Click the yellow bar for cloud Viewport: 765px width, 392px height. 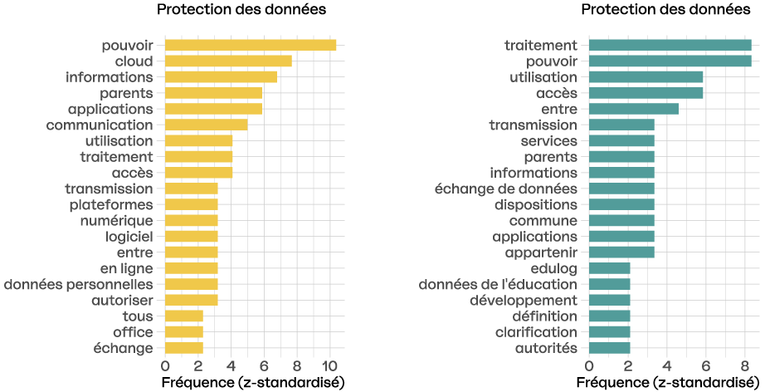pyautogui.click(x=228, y=61)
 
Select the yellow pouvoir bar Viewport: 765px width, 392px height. pyautogui.click(x=251, y=46)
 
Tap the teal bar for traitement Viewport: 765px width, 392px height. pyautogui.click(x=670, y=46)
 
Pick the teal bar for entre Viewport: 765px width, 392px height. pyautogui.click(x=633, y=109)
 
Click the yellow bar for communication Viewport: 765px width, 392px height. pyautogui.click(x=206, y=125)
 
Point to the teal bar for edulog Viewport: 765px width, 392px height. pyautogui.click(x=609, y=268)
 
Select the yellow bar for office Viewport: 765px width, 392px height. pyautogui.click(x=183, y=332)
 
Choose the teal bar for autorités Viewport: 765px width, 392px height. pyautogui.click(x=609, y=348)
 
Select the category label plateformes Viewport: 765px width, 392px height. pyautogui.click(x=111, y=204)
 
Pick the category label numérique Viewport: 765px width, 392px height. pyautogui.click(x=116, y=221)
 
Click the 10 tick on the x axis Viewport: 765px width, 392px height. pyautogui.click(x=329, y=365)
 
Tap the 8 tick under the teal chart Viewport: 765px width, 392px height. pyautogui.click(x=745, y=365)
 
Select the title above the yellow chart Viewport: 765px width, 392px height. pyautogui.click(x=241, y=10)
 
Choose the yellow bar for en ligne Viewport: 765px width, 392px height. pyautogui.click(x=191, y=268)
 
